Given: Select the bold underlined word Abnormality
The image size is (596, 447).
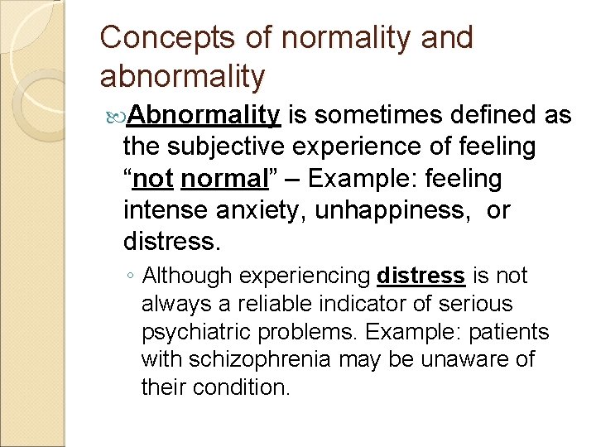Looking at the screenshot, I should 203,114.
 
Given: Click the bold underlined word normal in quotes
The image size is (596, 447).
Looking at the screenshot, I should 219,178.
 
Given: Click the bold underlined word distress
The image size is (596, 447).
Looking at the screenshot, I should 420,276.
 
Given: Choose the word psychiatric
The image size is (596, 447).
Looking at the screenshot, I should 194,332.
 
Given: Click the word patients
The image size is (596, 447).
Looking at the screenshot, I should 498,332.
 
